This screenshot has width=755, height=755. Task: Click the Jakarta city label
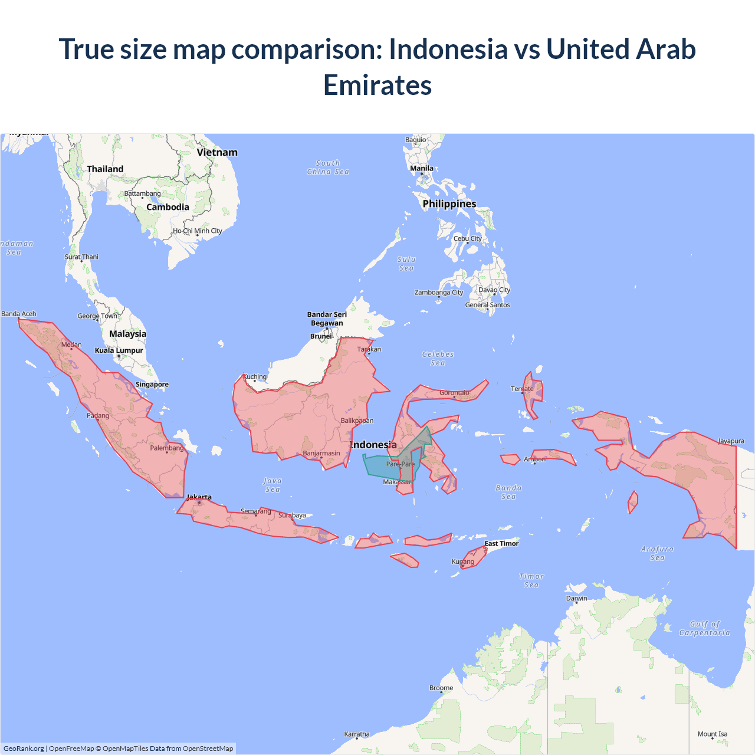point(199,497)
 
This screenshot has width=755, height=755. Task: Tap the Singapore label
point(152,385)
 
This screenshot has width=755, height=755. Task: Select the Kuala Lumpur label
point(119,350)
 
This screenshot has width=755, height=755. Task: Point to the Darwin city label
point(577,598)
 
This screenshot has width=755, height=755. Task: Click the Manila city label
point(422,169)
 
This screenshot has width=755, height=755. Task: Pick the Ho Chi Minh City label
point(198,231)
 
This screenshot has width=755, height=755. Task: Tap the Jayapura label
point(731,441)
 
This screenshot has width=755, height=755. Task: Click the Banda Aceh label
point(19,314)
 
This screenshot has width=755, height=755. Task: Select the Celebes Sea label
point(438,359)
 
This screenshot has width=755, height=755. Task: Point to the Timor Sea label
point(531,580)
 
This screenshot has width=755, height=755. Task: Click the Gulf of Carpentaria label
point(704,628)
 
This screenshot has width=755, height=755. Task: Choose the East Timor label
point(501,544)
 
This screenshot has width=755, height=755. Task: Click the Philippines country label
point(449,204)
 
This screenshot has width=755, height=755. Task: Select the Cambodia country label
point(168,207)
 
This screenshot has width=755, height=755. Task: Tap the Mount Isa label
point(713,734)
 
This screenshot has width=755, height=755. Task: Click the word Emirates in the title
point(377,85)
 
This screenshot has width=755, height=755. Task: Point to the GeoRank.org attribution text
point(24,749)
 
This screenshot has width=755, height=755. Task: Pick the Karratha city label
point(357,734)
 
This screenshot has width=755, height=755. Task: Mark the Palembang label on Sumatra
point(167,448)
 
